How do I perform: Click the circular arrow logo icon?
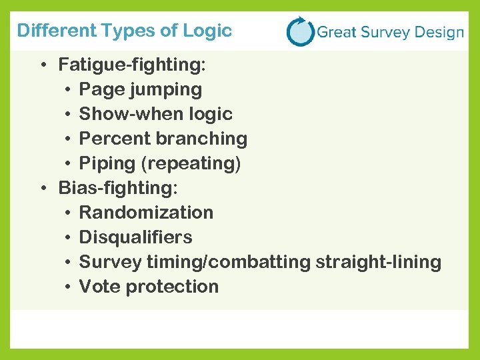click(x=300, y=31)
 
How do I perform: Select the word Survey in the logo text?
click(x=379, y=32)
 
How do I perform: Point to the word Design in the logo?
click(x=436, y=32)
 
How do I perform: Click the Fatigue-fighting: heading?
click(x=132, y=65)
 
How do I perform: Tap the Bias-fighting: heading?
click(x=118, y=188)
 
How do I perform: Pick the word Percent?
click(x=106, y=139)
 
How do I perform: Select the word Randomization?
click(x=146, y=213)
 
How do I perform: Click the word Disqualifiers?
click(x=135, y=237)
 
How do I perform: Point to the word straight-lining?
click(x=379, y=262)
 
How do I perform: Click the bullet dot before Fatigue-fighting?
click(x=42, y=65)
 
